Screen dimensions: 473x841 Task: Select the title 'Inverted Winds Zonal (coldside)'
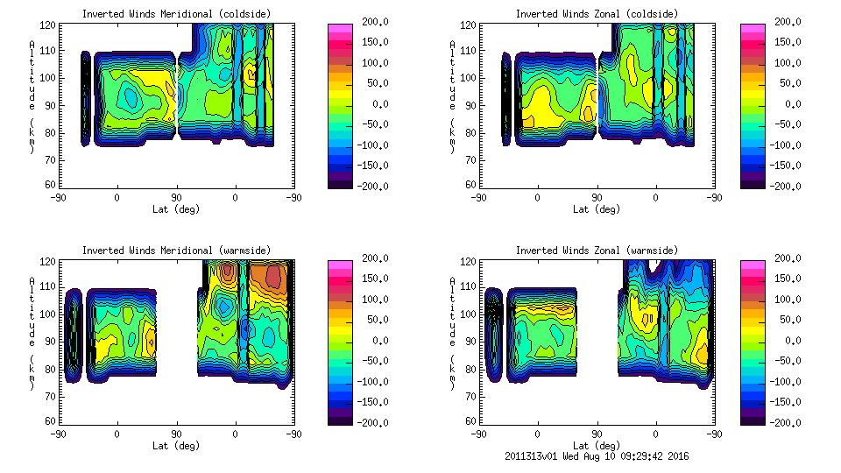[x=597, y=13]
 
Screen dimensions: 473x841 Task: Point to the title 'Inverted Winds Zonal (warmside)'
[x=597, y=250]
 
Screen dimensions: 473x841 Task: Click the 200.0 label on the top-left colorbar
[x=370, y=22]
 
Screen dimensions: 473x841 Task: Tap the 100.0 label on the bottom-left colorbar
[x=370, y=300]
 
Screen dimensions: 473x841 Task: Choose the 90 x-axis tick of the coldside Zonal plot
[x=597, y=198]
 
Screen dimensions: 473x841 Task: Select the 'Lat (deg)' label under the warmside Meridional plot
[x=175, y=445]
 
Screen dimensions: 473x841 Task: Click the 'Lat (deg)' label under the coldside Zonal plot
[x=597, y=209]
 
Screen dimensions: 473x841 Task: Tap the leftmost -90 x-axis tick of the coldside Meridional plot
[x=58, y=198]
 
